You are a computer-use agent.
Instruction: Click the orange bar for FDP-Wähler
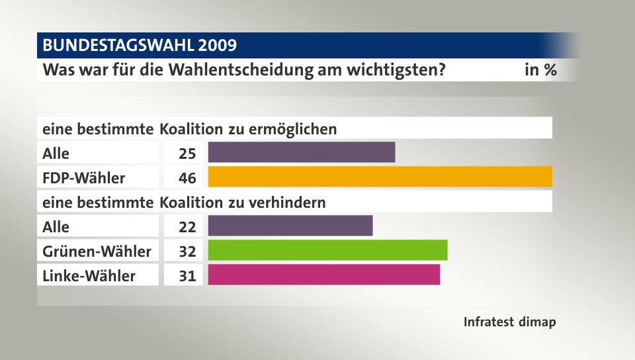click(380, 177)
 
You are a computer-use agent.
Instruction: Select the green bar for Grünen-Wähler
click(327, 250)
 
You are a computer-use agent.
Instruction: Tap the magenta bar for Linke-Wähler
click(323, 275)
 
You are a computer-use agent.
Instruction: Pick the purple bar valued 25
click(301, 152)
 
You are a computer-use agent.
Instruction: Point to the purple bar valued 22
click(290, 226)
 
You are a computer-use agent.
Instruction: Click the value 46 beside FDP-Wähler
click(187, 177)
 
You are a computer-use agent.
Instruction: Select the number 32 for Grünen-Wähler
click(187, 251)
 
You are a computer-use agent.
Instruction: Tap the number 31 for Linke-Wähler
click(187, 275)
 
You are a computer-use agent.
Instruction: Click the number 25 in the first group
click(187, 153)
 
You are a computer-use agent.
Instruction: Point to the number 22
click(187, 226)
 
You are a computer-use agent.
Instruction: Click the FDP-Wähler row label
click(83, 177)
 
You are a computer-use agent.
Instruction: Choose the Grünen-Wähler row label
click(97, 251)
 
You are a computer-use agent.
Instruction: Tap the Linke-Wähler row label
click(89, 275)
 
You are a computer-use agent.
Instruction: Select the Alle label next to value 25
click(56, 153)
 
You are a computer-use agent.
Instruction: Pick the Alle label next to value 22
click(56, 226)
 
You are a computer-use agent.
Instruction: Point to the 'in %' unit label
click(540, 69)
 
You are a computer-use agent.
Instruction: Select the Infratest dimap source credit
click(509, 322)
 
